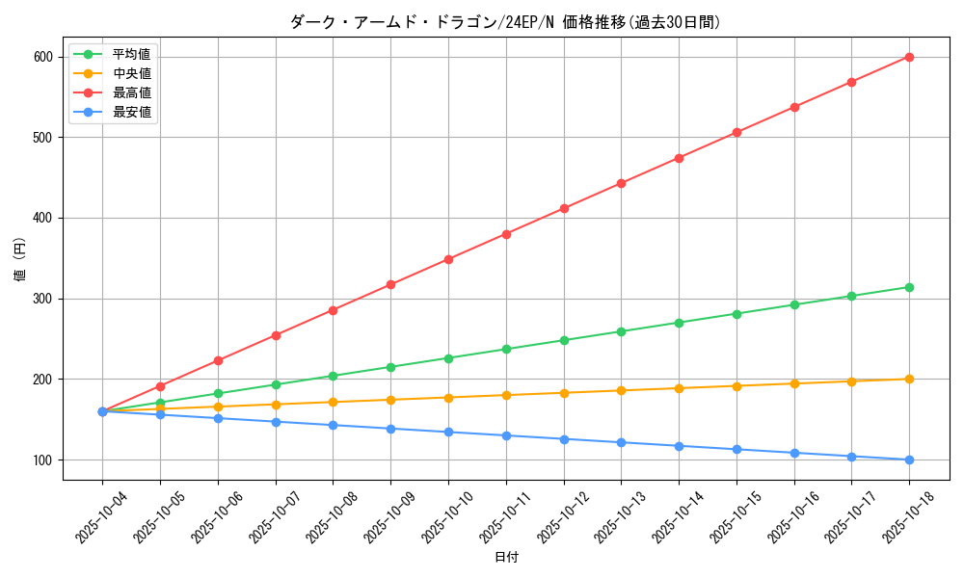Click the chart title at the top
[505, 22]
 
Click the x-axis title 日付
[506, 558]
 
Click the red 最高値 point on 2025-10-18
[909, 57]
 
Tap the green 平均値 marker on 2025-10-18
[909, 287]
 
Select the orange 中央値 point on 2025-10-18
[909, 379]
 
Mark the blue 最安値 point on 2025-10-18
[909, 460]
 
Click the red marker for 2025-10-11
[506, 234]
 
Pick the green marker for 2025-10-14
[679, 323]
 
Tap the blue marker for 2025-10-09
[390, 429]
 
